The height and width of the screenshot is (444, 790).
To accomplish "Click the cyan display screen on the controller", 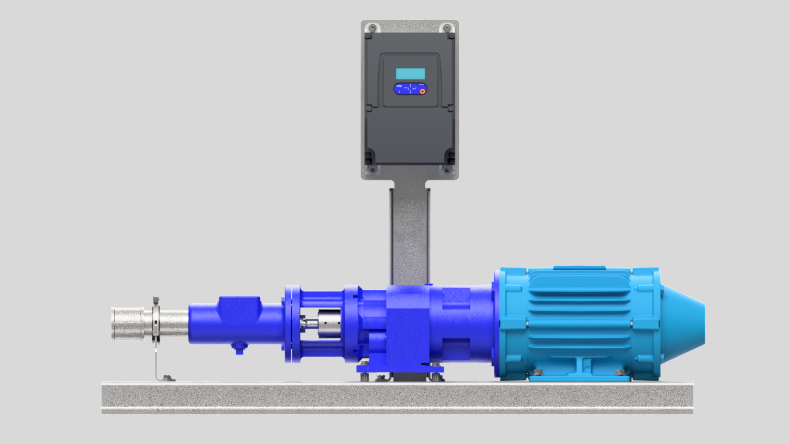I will [410, 74].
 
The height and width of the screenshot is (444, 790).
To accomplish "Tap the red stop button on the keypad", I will [422, 91].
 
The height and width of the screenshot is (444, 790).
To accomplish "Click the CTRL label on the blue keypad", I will [399, 86].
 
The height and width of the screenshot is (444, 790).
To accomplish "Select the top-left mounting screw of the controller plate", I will [372, 27].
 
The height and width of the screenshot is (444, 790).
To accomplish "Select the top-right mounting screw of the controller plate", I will [446, 27].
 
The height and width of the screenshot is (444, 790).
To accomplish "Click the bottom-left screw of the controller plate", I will [372, 170].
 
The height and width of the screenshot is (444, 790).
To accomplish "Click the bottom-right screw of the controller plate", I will [446, 170].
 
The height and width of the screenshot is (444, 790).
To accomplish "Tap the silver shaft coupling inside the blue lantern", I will [329, 323].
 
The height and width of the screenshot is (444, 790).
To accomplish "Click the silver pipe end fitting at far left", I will [127, 323].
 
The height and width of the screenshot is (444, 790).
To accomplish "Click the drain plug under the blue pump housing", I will [239, 348].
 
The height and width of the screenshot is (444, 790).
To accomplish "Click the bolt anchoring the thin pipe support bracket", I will [168, 378].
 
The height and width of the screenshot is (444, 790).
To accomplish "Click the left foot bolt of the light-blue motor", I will [538, 372].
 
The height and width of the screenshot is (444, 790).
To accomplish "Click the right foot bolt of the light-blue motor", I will [620, 372].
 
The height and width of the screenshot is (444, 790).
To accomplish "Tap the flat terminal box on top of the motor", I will [579, 268].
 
